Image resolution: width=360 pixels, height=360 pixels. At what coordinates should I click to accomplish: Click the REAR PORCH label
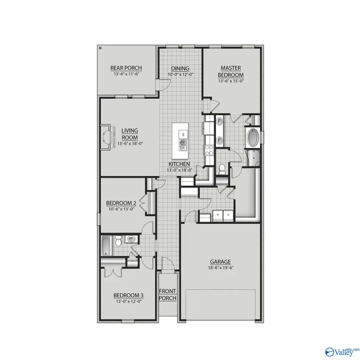[126, 68]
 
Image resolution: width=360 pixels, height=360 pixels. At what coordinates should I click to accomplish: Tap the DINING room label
[180, 68]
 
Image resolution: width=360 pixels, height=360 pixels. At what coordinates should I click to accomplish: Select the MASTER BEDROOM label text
[231, 72]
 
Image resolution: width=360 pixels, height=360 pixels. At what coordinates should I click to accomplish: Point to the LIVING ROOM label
[130, 134]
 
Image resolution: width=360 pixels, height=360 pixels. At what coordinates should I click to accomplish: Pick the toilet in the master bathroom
[221, 169]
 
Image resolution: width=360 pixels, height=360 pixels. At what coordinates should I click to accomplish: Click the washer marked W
[218, 214]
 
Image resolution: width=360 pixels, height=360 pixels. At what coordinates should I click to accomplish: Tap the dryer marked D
[228, 214]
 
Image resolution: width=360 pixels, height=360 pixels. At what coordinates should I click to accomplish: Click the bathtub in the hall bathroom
[105, 245]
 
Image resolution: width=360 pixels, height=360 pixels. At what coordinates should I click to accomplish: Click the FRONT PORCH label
[168, 294]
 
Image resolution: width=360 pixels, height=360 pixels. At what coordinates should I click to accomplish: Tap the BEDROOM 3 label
[129, 296]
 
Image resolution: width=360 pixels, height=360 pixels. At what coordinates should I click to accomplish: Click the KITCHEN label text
[179, 164]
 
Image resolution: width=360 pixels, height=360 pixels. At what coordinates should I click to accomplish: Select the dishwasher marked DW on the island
[184, 134]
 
